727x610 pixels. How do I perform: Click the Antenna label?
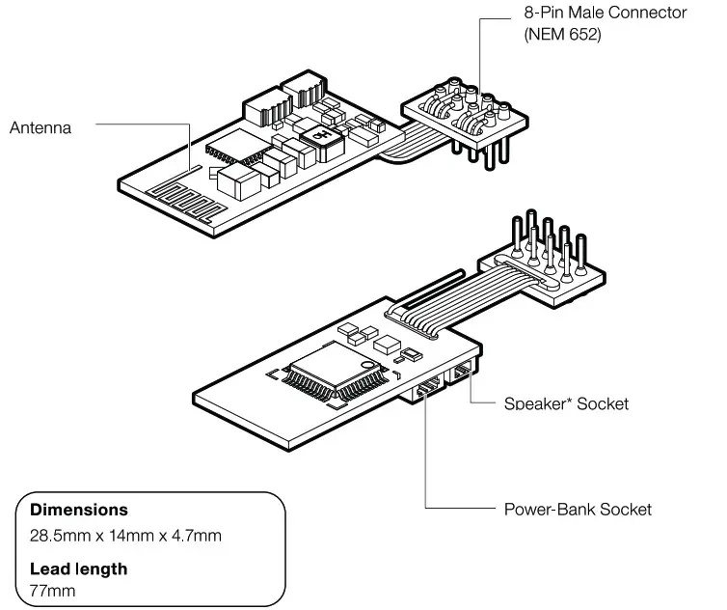[40, 127]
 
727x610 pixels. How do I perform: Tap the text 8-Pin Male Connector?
[605, 14]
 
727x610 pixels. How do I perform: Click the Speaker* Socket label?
[566, 403]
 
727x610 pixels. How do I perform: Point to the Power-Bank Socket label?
[578, 509]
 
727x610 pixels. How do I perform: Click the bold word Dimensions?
[79, 509]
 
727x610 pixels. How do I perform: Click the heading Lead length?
[78, 568]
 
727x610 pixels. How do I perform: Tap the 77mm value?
[52, 591]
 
